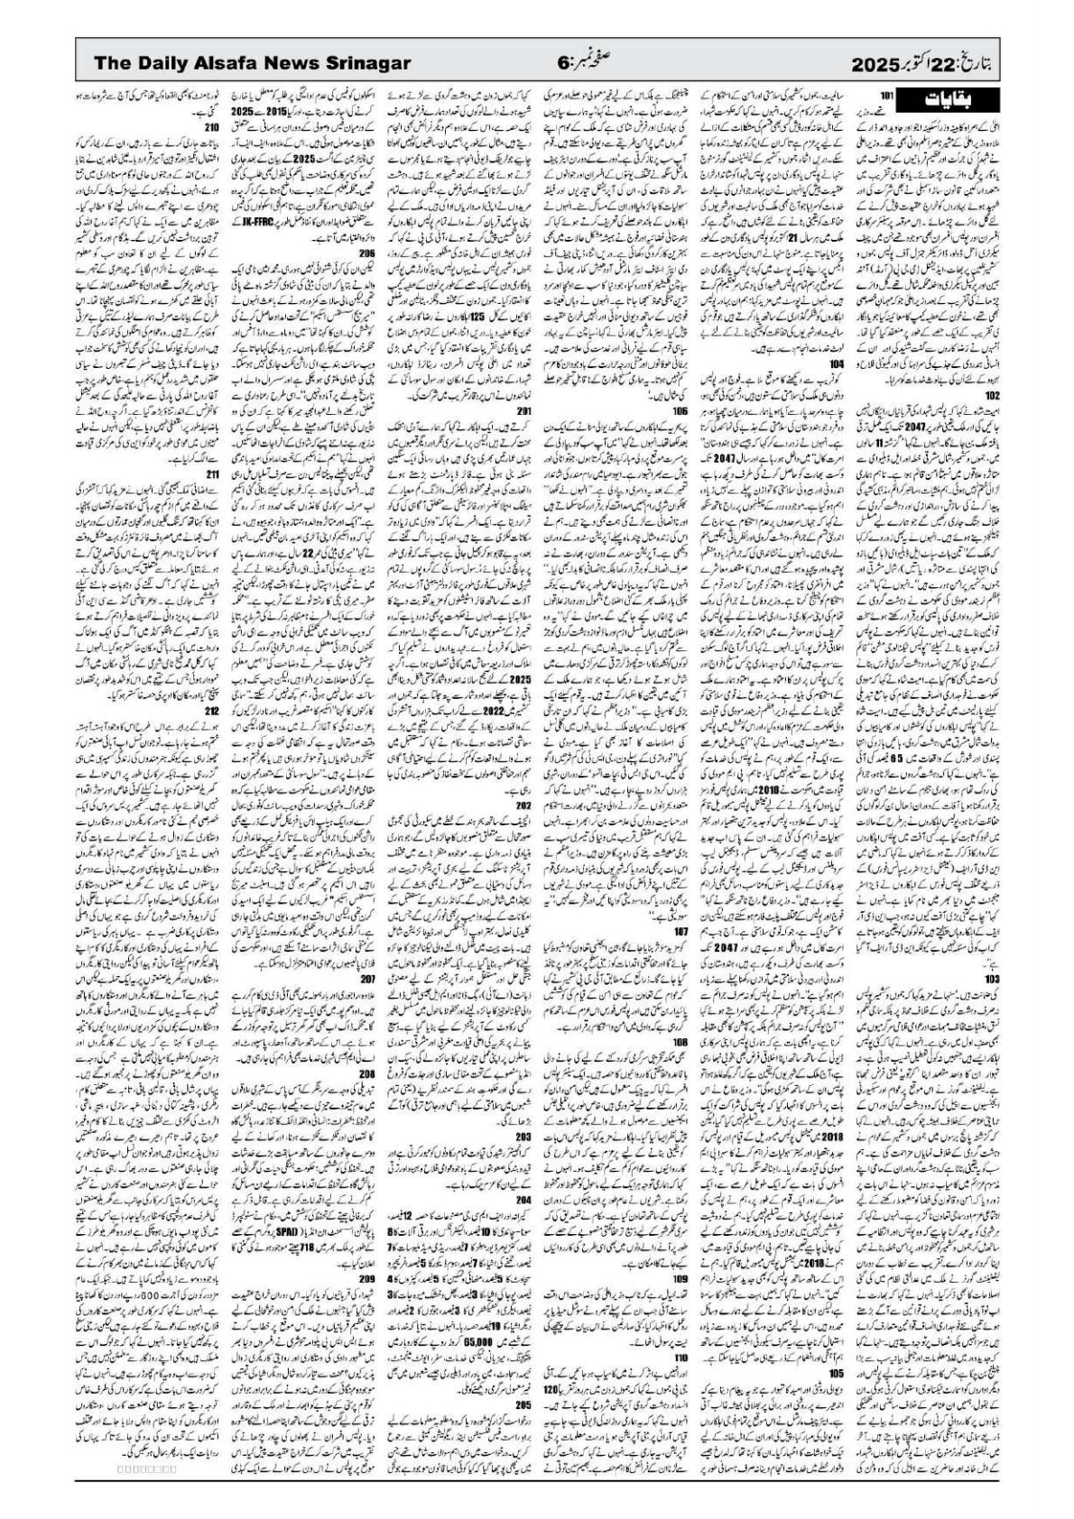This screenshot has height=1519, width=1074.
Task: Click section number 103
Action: pos(992,979)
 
